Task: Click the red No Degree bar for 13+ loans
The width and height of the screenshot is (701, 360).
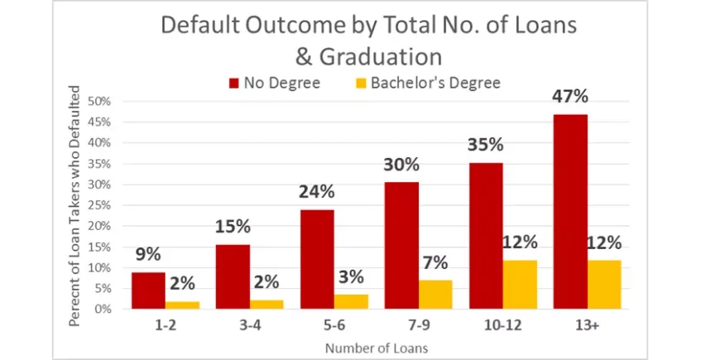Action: click(570, 212)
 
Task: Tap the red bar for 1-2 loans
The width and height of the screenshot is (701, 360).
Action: click(148, 290)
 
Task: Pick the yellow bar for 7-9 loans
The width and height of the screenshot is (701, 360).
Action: click(436, 295)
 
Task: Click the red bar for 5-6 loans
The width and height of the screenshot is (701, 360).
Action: click(317, 259)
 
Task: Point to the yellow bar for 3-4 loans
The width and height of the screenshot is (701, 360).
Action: click(266, 305)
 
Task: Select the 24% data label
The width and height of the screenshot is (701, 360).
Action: click(317, 192)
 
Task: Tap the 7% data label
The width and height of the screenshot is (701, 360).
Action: click(435, 263)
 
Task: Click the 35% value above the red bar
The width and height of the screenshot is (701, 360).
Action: click(486, 145)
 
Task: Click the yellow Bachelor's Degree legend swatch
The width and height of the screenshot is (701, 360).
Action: click(360, 83)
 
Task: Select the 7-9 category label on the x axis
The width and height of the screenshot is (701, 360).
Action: click(418, 325)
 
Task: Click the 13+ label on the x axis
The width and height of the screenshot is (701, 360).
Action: click(587, 325)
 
